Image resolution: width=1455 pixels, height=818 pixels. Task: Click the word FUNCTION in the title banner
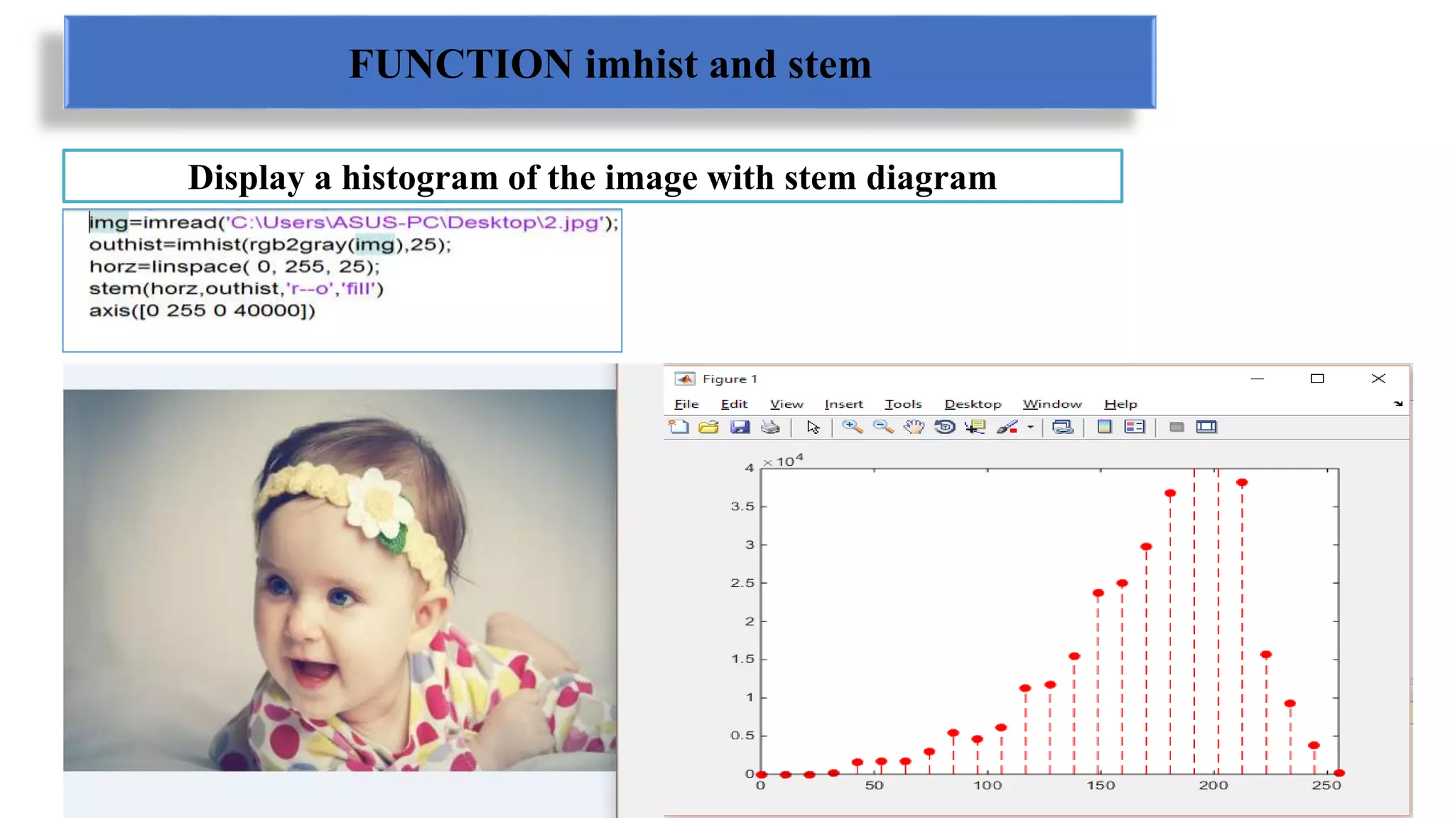tap(460, 65)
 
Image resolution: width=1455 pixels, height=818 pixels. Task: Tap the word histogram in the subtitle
tap(419, 178)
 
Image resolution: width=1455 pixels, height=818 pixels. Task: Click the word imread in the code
tap(180, 223)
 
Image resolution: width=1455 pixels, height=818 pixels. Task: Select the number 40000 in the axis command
tap(266, 311)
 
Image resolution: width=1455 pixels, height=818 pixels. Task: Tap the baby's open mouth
tap(313, 670)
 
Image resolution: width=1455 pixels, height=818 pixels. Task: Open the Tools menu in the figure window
tap(902, 404)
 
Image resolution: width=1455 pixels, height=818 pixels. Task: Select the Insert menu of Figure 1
tap(843, 404)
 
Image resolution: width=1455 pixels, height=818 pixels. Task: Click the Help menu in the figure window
tap(1120, 404)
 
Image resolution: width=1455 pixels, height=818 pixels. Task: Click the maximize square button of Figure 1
tap(1317, 378)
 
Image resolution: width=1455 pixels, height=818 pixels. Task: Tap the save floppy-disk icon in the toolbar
tap(740, 427)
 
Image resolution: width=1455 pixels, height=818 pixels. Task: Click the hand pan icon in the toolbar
tap(914, 427)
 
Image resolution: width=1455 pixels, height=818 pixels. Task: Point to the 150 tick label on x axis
tap(1100, 785)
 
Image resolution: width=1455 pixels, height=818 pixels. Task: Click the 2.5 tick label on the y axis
tap(742, 583)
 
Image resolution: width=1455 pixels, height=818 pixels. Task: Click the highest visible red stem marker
tap(1242, 483)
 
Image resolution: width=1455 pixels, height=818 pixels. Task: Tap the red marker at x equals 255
tap(1339, 773)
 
